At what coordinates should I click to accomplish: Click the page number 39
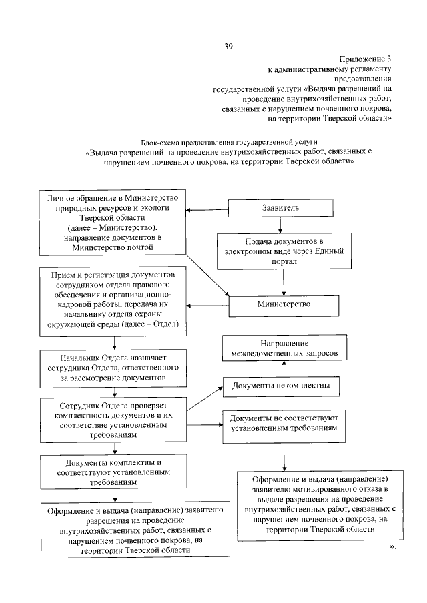pyautogui.click(x=228, y=46)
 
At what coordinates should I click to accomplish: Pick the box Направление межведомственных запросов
pyautogui.click(x=285, y=346)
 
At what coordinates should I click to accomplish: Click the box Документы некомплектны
pyautogui.click(x=281, y=386)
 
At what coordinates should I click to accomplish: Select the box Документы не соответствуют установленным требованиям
pyautogui.click(x=285, y=424)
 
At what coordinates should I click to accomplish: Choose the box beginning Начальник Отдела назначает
pyautogui.click(x=115, y=367)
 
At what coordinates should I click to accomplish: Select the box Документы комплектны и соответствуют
pyautogui.click(x=115, y=470)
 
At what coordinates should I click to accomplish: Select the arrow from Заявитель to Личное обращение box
pyautogui.click(x=207, y=210)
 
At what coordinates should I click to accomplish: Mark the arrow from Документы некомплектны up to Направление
pyautogui.click(x=285, y=368)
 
